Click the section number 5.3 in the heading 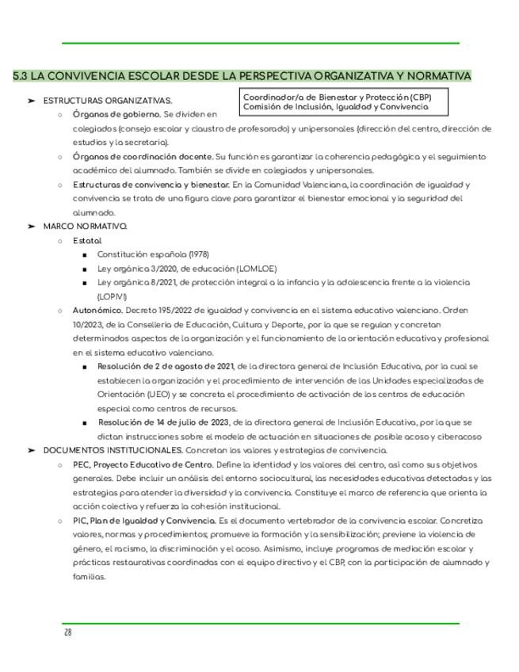[x=20, y=76]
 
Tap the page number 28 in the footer [x=68, y=632]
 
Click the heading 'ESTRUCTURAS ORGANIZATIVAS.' [x=108, y=101]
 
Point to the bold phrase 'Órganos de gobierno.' [x=116, y=114]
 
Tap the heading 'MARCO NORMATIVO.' [x=85, y=226]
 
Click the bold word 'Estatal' [x=87, y=240]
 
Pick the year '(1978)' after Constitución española [x=198, y=254]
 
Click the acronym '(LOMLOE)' [x=254, y=269]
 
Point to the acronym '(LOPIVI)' [x=112, y=296]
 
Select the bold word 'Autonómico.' [x=97, y=311]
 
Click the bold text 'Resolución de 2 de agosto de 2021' [x=166, y=366]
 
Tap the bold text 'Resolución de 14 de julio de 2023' [x=165, y=422]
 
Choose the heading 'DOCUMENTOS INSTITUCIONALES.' [x=113, y=450]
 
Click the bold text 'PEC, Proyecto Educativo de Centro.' [x=143, y=464]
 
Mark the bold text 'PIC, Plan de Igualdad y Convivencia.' [x=144, y=521]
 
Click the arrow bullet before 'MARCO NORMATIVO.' [x=31, y=226]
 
